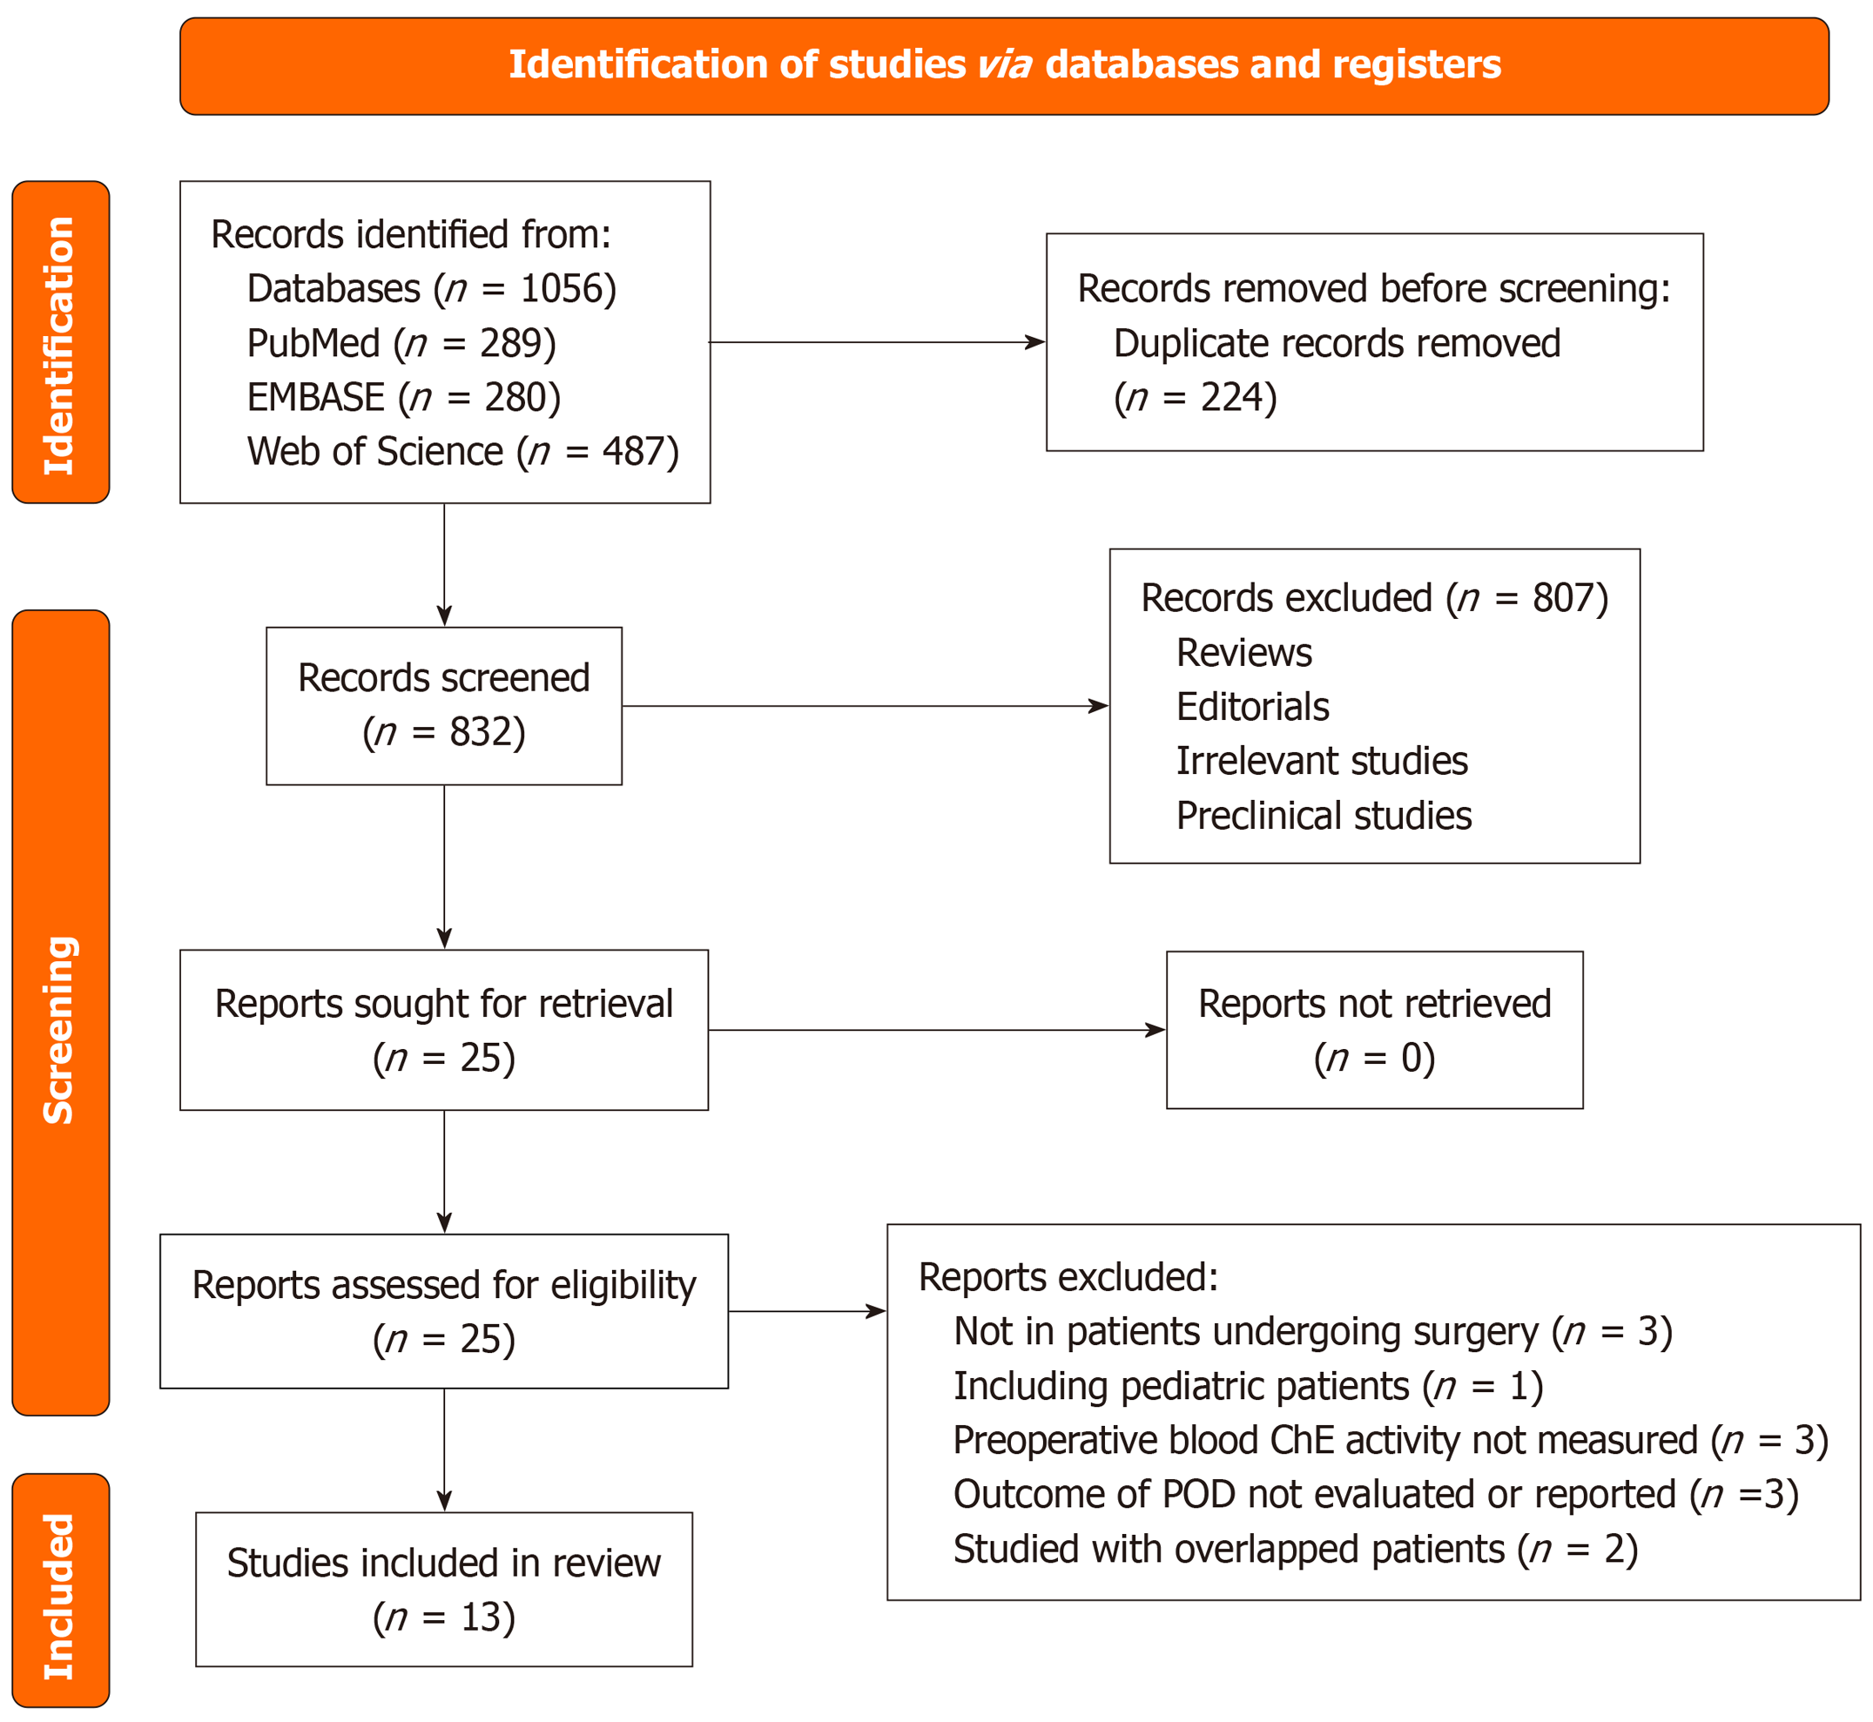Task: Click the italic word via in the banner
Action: tap(1004, 65)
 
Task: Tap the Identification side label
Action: tap(59, 345)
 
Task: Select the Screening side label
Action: tap(59, 1030)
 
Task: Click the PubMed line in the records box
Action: tap(401, 344)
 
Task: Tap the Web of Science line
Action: tap(462, 452)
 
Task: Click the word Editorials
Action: tap(1251, 707)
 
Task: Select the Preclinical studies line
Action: tap(1324, 817)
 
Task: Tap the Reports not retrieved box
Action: tap(1373, 1030)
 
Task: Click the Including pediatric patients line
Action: tap(1248, 1387)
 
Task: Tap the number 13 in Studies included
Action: tap(481, 1618)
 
